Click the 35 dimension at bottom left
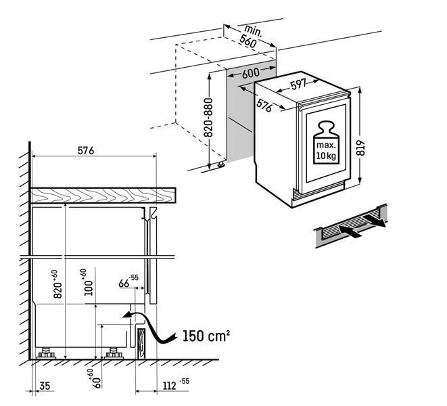45,386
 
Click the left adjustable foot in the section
47,354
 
